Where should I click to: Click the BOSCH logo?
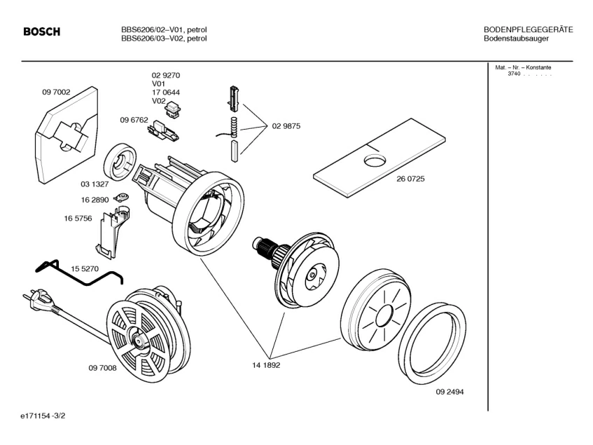42,32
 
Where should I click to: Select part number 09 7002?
56,92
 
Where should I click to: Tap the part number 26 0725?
410,179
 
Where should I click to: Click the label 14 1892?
266,365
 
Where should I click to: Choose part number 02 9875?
286,126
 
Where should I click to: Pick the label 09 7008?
102,368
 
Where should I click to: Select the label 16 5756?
78,219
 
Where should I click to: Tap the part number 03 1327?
93,184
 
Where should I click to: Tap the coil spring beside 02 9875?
235,128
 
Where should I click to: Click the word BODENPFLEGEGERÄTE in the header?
528,29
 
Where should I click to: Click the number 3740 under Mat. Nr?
514,74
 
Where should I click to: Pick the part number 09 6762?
134,120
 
